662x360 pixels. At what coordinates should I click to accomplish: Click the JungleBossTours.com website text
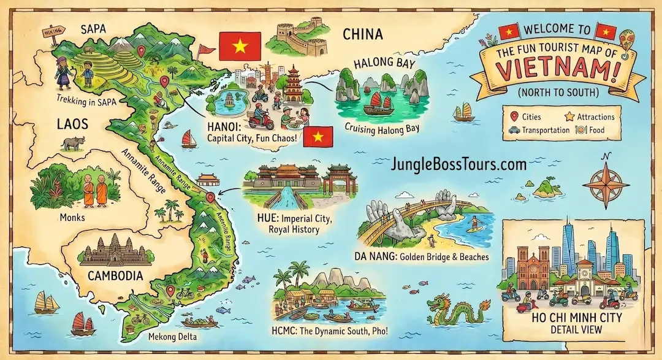click(x=458, y=164)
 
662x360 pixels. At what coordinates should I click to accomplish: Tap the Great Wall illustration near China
click(x=303, y=38)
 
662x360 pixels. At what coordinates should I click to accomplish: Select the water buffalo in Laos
click(x=72, y=144)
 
